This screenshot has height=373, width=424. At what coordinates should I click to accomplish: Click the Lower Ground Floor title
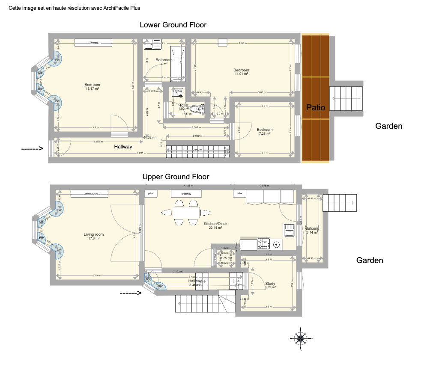[173, 25]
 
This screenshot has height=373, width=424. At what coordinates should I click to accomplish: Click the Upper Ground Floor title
[176, 176]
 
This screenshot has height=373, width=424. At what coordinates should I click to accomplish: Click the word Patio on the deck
[316, 108]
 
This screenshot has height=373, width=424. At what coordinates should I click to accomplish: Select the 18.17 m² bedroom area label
[93, 87]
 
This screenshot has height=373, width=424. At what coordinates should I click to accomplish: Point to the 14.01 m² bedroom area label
[241, 72]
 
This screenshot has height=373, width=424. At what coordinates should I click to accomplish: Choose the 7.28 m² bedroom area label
[264, 132]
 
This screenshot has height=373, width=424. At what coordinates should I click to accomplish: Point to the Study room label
[270, 285]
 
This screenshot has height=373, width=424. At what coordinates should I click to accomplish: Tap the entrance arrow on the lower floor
[33, 148]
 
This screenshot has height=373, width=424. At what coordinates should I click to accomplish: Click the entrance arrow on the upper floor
[130, 293]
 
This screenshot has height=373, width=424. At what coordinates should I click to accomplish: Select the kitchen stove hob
[263, 244]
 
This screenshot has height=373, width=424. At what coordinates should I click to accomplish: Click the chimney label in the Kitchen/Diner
[186, 194]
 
